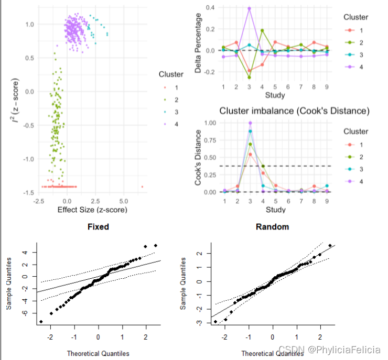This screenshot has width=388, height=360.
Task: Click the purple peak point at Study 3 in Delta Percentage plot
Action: (249, 8)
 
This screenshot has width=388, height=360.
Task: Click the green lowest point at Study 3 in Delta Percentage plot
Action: (249, 78)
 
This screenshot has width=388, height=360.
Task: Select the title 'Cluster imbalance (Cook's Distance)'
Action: (294, 111)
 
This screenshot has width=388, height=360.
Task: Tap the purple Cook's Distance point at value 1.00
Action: (250, 123)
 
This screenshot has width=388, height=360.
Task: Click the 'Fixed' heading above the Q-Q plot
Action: (98, 227)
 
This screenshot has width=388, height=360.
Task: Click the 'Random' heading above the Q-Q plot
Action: (272, 227)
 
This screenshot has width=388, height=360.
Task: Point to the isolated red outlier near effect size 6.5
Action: (142, 187)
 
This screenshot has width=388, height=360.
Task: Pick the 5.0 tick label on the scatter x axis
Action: (124, 201)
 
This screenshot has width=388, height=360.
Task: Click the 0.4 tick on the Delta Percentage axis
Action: (211, 7)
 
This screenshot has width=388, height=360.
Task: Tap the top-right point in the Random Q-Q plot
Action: (330, 245)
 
